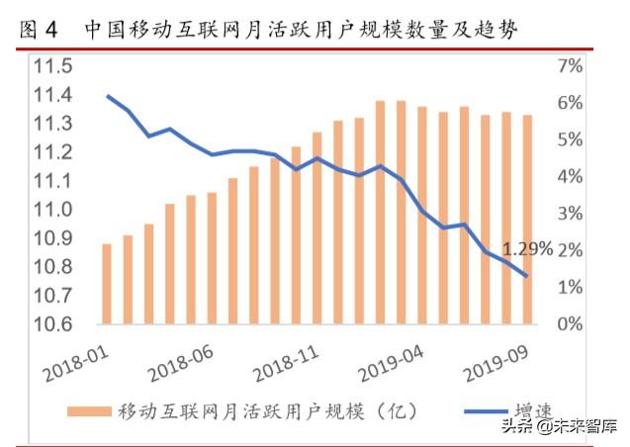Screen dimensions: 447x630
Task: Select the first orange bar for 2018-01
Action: (107, 284)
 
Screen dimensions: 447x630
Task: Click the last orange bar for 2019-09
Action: (528, 220)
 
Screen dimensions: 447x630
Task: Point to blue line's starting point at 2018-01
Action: (107, 96)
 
